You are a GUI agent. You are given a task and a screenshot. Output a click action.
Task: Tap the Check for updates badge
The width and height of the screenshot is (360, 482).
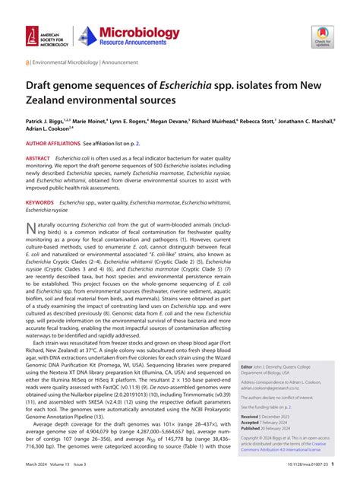point(323,36)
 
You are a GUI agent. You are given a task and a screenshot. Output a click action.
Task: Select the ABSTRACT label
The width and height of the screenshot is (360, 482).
point(40,158)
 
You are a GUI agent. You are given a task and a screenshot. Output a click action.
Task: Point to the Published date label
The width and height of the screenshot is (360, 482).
point(252,429)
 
